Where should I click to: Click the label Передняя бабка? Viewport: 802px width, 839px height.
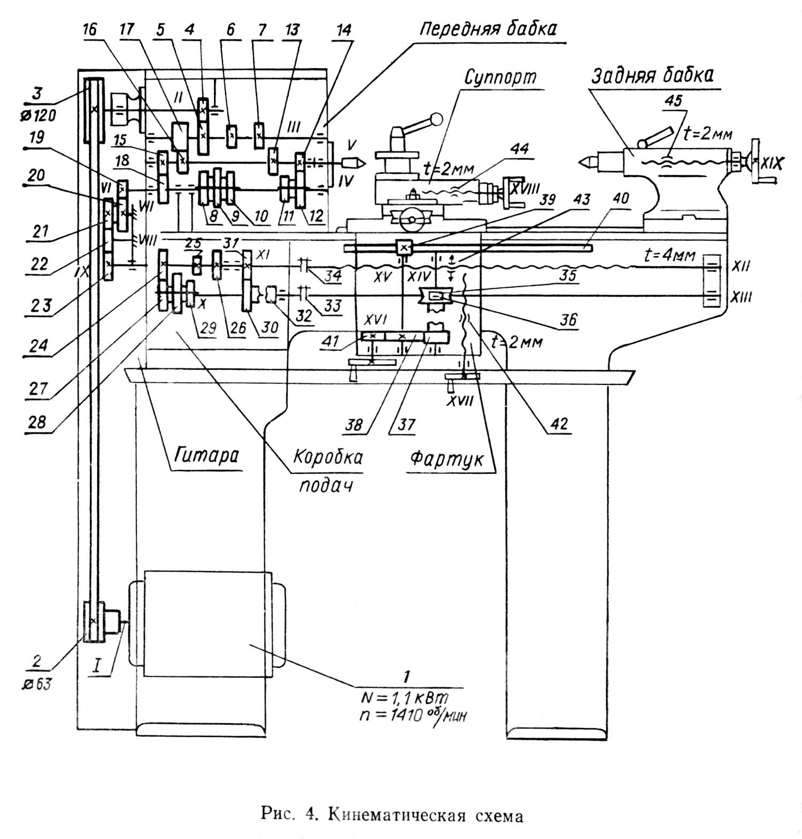tap(487, 28)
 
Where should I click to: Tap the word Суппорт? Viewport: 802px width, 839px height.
tap(500, 77)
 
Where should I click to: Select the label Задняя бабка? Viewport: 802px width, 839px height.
tap(652, 75)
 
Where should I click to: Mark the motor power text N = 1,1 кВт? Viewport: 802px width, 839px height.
tap(405, 697)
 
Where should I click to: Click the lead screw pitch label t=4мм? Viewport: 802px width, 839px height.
tap(668, 256)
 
